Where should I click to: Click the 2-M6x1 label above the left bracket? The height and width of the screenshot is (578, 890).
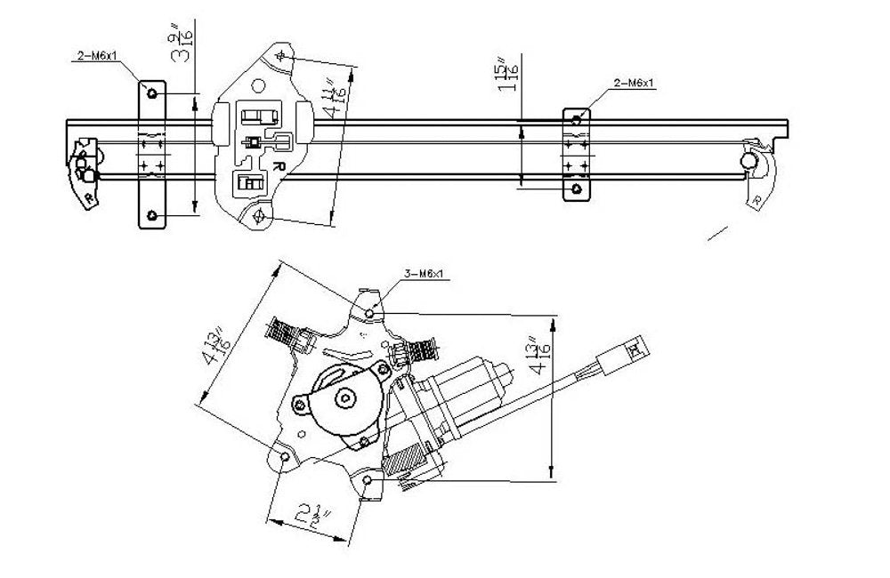point(95,56)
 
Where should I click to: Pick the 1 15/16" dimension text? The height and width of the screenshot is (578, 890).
point(508,73)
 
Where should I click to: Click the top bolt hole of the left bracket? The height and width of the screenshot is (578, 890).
point(152,93)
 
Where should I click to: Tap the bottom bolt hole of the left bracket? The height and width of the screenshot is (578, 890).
point(152,215)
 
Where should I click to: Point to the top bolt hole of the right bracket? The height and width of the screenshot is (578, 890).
point(577,119)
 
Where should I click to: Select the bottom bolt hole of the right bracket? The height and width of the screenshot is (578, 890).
point(577,189)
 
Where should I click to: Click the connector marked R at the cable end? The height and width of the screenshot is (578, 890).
point(636,349)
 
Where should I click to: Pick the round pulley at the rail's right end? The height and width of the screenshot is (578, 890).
point(750,161)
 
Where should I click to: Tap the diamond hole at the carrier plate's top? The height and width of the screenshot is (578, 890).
point(281,56)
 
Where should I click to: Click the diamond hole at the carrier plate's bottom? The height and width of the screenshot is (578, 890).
point(258,214)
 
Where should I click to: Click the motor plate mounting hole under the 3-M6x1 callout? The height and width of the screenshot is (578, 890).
point(372,312)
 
